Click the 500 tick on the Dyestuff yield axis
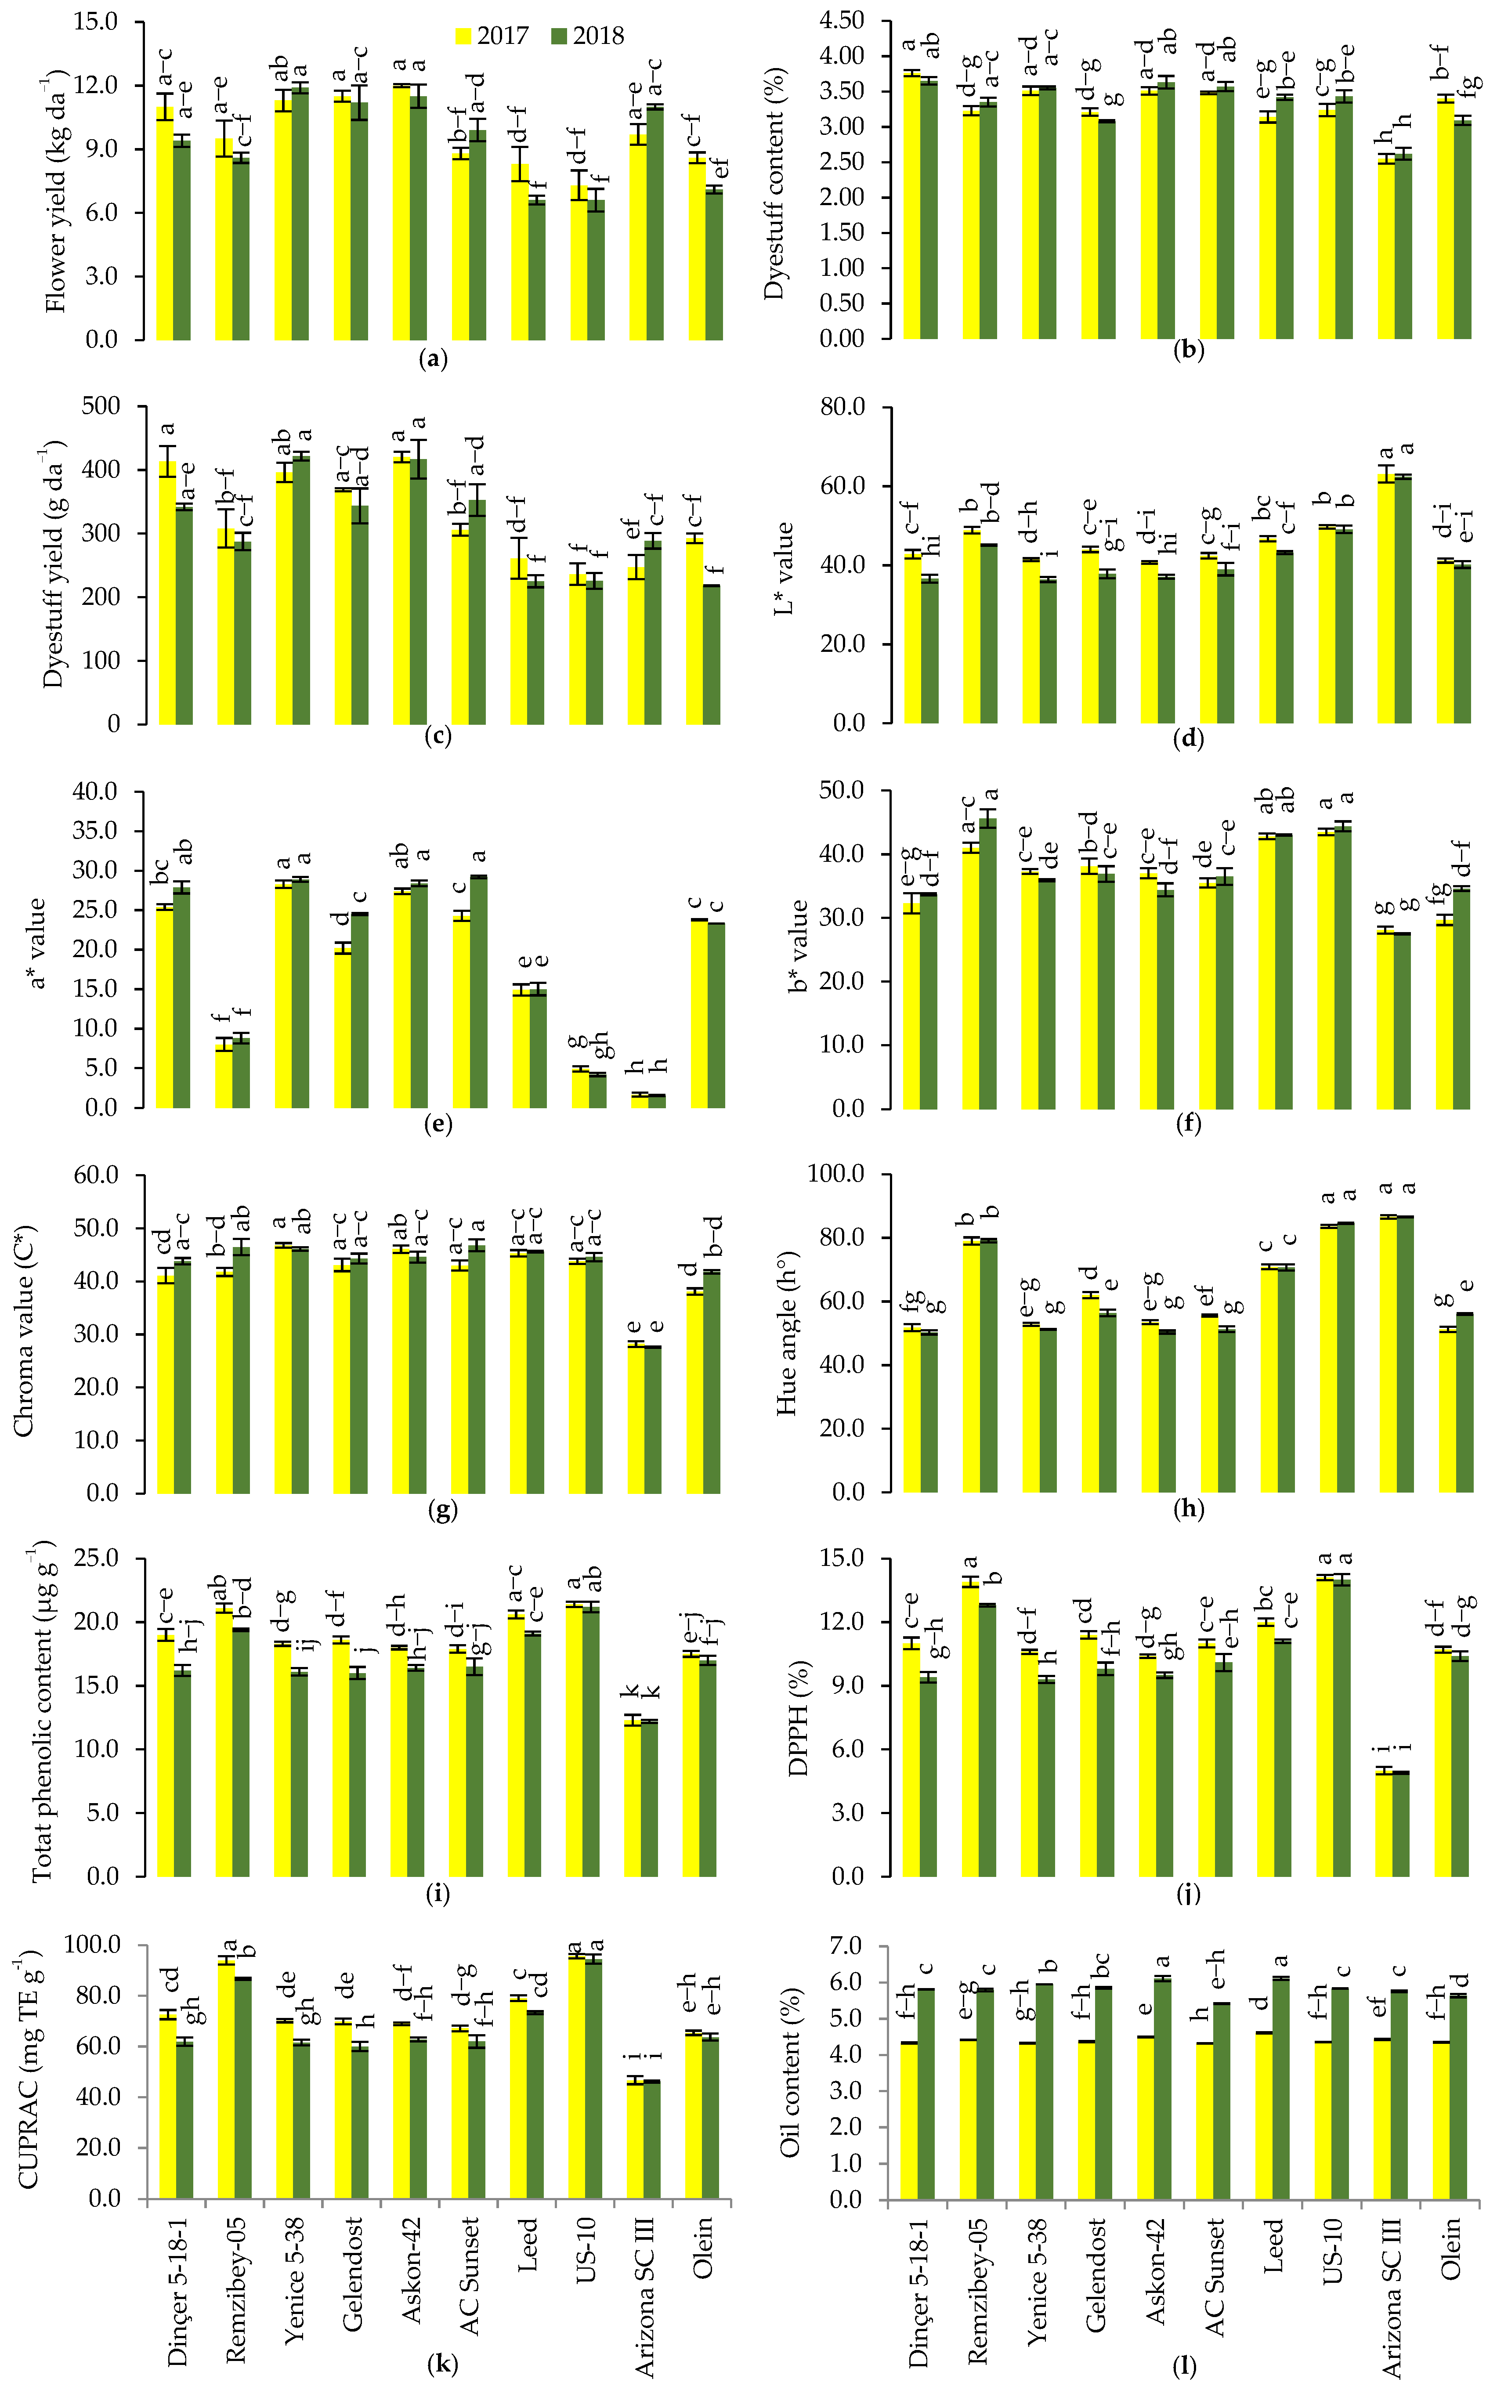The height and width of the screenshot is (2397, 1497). (x=101, y=406)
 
